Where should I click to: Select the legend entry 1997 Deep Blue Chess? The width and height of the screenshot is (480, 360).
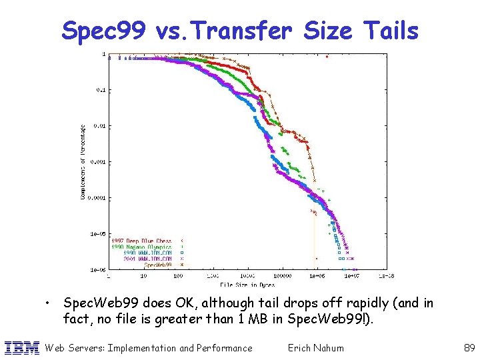pyautogui.click(x=141, y=240)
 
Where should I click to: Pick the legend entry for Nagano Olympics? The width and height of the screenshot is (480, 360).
pyautogui.click(x=141, y=246)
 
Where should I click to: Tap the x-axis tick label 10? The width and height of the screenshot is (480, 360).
pyautogui.click(x=143, y=275)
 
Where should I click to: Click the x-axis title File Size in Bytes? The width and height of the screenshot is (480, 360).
pyautogui.click(x=248, y=284)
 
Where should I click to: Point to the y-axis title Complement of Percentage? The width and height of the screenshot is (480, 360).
pyautogui.click(x=83, y=163)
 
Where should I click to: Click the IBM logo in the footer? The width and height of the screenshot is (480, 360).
pyautogui.click(x=21, y=347)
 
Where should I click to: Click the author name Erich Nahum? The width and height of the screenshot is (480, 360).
pyautogui.click(x=315, y=347)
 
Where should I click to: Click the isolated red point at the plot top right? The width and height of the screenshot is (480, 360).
pyautogui.click(x=327, y=57)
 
